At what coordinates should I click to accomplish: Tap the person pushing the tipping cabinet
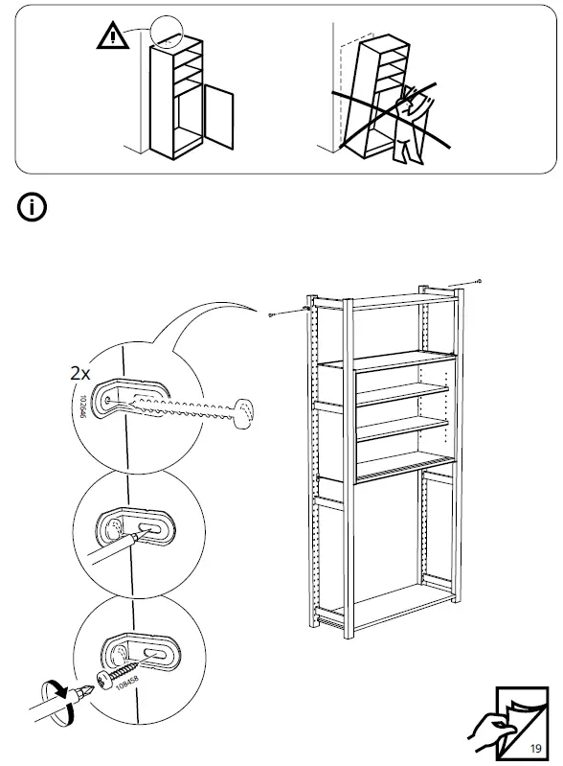415,120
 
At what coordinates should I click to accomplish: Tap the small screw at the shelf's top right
478,281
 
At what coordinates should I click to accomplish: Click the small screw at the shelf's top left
273,313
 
